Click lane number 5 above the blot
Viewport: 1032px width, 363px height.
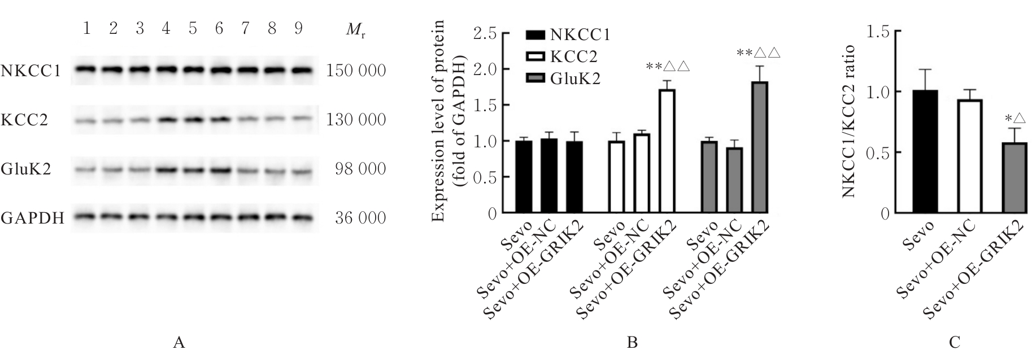[193, 29]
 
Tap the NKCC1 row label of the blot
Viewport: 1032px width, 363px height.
[32, 71]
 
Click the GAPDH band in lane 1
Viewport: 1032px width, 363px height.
[86, 217]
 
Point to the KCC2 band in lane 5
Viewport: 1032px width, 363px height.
[193, 120]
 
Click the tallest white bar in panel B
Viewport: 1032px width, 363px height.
[668, 151]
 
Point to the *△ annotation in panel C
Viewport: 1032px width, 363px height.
[1014, 119]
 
